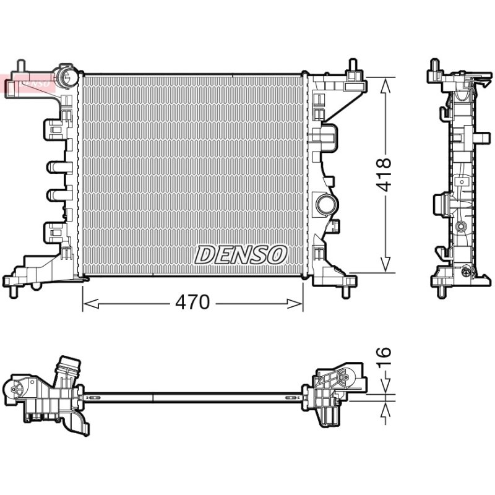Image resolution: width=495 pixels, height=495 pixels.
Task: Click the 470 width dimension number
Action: (x=192, y=303)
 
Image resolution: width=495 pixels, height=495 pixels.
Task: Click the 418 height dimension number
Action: (x=384, y=174)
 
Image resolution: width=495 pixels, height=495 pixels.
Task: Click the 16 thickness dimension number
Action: (x=384, y=356)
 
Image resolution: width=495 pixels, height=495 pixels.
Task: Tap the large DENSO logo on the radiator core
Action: (x=241, y=255)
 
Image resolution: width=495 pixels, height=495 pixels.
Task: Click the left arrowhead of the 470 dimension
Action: (x=90, y=304)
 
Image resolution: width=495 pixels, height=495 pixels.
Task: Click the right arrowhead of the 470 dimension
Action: (x=295, y=304)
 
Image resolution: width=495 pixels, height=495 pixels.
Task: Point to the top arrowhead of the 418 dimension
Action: (x=385, y=85)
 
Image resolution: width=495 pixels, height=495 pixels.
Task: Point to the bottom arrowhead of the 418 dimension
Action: (x=385, y=265)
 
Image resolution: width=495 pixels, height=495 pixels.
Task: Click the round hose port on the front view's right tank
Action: (x=327, y=205)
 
